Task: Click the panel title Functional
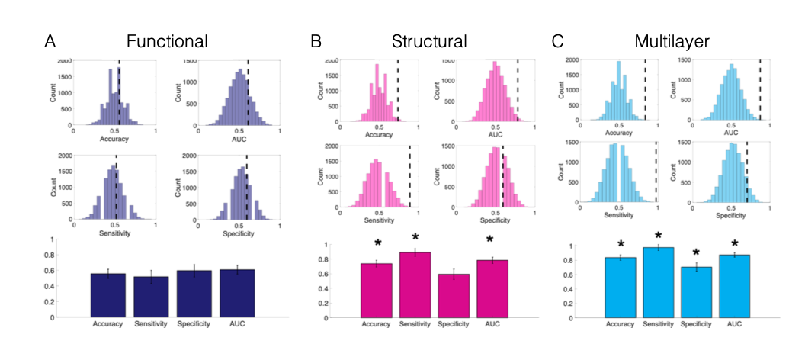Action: (167, 40)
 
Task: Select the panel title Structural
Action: (429, 40)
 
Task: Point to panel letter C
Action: (556, 40)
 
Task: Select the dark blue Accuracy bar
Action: (107, 295)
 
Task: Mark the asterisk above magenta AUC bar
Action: (498, 244)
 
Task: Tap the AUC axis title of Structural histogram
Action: (496, 134)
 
